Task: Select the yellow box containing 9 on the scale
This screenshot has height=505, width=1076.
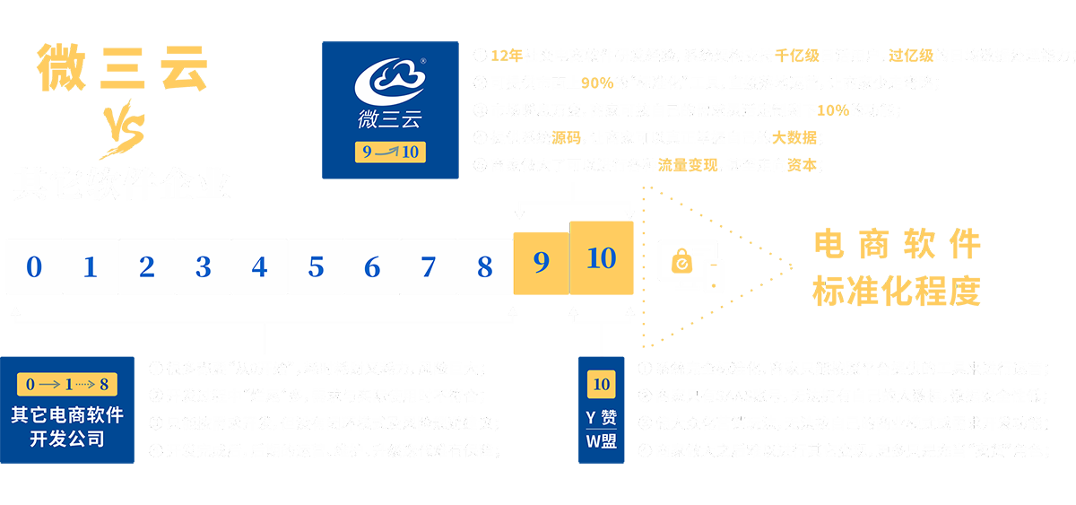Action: [x=541, y=263]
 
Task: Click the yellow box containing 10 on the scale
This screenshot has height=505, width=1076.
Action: [x=601, y=260]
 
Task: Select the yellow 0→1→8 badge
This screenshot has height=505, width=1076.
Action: [x=67, y=385]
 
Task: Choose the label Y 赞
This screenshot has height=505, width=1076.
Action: [x=601, y=416]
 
